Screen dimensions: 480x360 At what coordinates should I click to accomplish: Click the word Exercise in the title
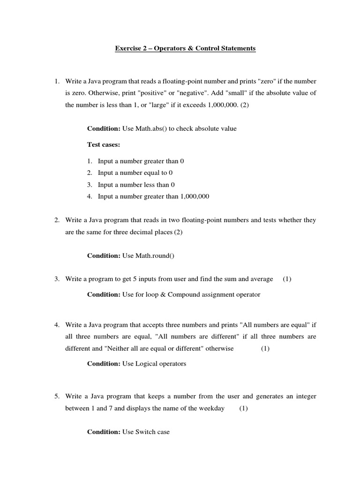point(128,49)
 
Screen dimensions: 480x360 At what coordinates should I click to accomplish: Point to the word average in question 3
point(261,279)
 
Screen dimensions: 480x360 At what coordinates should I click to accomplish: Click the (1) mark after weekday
point(243,408)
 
